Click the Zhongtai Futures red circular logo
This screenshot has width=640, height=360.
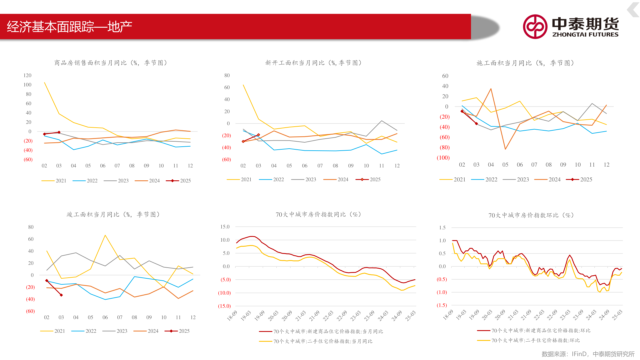coord(535,27)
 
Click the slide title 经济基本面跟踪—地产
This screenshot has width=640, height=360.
coord(70,27)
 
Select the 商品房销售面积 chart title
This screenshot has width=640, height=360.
coord(111,63)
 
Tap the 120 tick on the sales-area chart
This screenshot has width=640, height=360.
coord(27,75)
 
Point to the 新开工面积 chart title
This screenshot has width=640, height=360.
coord(313,63)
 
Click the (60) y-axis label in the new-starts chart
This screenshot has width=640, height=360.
coord(226,159)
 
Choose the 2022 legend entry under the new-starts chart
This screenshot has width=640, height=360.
coord(272,179)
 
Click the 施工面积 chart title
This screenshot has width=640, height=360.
coord(525,63)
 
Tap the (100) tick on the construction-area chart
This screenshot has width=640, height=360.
coord(443,158)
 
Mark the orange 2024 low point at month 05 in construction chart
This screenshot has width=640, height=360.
coord(505,149)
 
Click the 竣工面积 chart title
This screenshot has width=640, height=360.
coord(113,214)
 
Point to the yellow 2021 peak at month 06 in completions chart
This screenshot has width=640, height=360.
coord(105,235)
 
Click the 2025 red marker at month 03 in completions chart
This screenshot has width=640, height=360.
coord(61,295)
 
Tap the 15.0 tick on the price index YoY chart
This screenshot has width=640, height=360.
coord(225,227)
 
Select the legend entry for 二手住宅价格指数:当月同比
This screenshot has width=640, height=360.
coord(316,341)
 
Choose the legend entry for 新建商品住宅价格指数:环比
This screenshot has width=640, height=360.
coord(534,331)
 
